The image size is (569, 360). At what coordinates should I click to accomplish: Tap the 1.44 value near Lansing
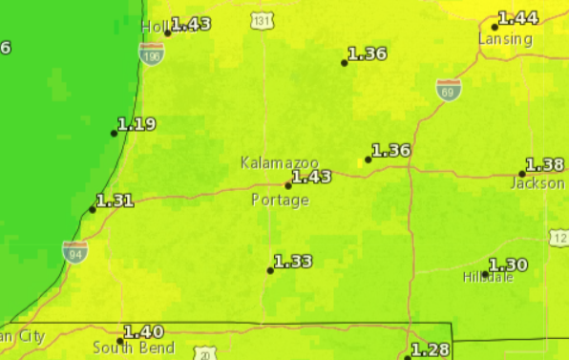(x=518, y=18)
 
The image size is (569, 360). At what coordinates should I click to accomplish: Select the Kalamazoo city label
(x=279, y=163)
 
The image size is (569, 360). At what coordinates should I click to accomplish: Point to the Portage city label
(x=280, y=201)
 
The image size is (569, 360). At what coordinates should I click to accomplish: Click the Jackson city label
(x=537, y=182)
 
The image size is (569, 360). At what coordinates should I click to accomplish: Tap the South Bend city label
(x=134, y=348)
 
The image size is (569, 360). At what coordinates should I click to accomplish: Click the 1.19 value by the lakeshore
(x=137, y=124)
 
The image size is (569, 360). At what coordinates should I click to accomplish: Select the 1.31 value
(x=115, y=201)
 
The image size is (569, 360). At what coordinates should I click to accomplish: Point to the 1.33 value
(x=293, y=262)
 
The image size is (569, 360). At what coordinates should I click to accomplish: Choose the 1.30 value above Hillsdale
(x=508, y=265)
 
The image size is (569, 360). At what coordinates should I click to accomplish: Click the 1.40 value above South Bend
(x=143, y=331)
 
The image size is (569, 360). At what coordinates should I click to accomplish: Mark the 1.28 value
(x=429, y=349)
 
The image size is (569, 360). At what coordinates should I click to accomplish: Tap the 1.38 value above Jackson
(x=545, y=165)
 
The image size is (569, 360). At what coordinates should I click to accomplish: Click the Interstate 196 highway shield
(x=151, y=57)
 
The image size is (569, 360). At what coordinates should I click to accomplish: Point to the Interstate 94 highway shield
(x=75, y=251)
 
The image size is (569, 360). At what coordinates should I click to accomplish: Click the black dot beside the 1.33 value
(x=270, y=270)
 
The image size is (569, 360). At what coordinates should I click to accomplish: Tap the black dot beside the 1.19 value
(x=114, y=134)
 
